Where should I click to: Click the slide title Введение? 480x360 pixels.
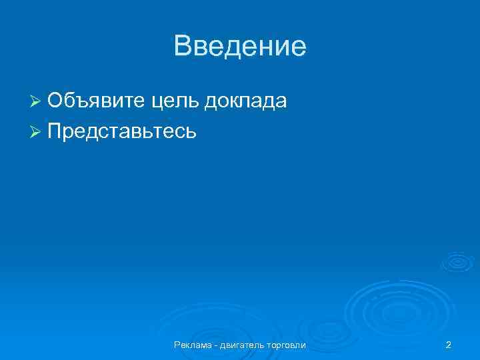point(240,47)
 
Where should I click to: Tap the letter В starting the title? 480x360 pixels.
point(182,47)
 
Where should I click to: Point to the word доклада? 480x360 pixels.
point(246,101)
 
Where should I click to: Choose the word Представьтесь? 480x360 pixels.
point(121,131)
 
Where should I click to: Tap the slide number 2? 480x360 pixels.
point(449,345)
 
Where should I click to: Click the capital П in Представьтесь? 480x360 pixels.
point(55,131)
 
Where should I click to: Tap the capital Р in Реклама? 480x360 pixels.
point(177,345)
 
